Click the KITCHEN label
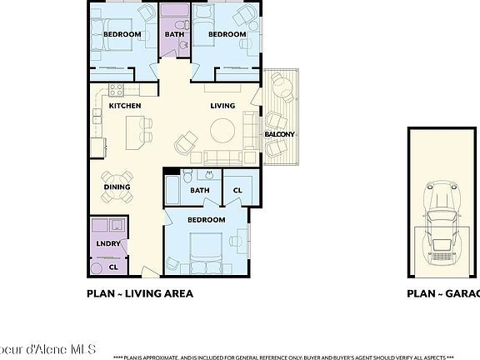(x=125, y=106)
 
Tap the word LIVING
(x=222, y=106)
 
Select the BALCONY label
(x=279, y=134)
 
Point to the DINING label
(x=117, y=187)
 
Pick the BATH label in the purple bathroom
(x=174, y=34)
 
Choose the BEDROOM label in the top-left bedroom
(x=121, y=34)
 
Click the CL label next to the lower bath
(x=237, y=190)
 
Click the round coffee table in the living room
(x=222, y=131)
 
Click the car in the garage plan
(x=441, y=222)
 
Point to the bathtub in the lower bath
(x=174, y=190)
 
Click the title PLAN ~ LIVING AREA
(x=140, y=293)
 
